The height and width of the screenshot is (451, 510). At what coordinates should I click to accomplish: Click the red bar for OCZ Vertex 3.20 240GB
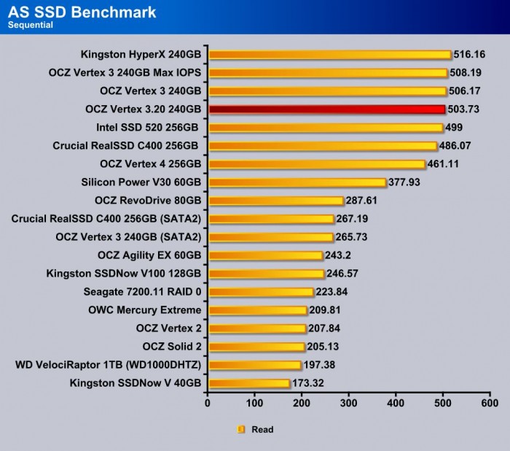(326, 109)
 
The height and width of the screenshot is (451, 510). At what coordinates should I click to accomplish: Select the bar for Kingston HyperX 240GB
(329, 55)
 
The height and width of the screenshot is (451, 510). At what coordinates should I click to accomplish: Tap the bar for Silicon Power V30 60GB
(297, 182)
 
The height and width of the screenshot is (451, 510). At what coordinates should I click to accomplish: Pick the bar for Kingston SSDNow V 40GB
(248, 383)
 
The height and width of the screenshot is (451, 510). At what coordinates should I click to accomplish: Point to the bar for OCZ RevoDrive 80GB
(275, 201)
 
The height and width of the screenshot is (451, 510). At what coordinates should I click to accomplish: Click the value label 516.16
(470, 55)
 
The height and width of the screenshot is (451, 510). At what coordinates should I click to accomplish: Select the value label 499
(455, 128)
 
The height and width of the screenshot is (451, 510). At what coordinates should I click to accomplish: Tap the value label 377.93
(405, 182)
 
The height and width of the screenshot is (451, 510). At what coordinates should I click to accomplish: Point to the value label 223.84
(333, 292)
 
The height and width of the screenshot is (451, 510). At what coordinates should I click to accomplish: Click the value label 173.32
(309, 383)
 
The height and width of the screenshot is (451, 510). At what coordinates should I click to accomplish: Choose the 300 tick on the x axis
(349, 403)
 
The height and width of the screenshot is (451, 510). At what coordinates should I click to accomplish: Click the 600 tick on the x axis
(490, 403)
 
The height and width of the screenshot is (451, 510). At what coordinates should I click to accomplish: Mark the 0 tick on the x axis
(208, 403)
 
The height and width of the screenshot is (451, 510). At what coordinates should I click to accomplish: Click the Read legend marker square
(240, 430)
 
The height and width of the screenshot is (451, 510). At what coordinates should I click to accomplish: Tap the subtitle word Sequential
(31, 26)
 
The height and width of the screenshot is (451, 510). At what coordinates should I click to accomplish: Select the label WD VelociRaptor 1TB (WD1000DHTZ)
(108, 365)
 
